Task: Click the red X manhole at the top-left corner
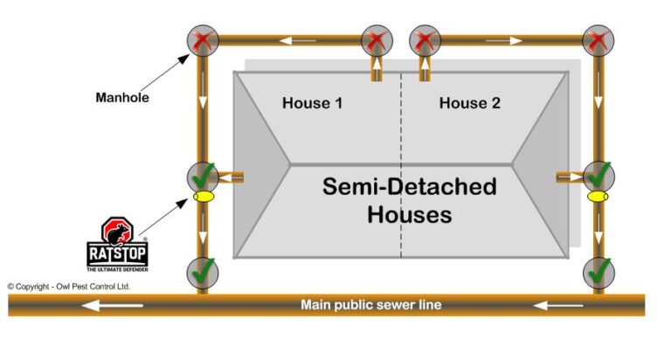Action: pyautogui.click(x=203, y=40)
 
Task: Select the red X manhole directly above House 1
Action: pyautogui.click(x=376, y=40)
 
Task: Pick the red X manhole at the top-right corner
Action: pyautogui.click(x=598, y=40)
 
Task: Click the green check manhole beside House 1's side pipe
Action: pyautogui.click(x=203, y=176)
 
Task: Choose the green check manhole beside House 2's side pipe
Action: pyautogui.click(x=598, y=176)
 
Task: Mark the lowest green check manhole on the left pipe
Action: pyautogui.click(x=203, y=272)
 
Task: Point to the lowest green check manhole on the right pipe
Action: pyautogui.click(x=598, y=272)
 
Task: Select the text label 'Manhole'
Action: pyautogui.click(x=122, y=98)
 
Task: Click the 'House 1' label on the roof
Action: pyautogui.click(x=312, y=103)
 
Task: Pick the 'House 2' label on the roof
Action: pyautogui.click(x=469, y=103)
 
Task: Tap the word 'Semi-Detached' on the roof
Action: pyautogui.click(x=409, y=186)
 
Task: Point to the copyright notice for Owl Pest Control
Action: pyautogui.click(x=68, y=286)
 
